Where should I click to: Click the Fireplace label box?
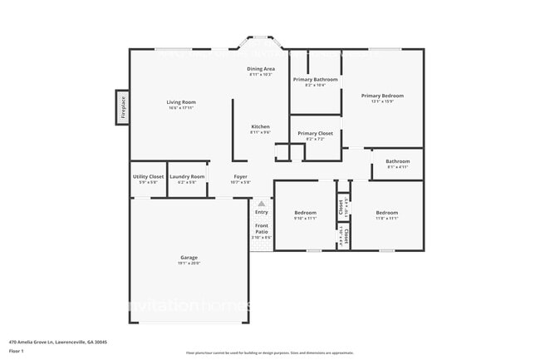122,107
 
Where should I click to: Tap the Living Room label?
180,101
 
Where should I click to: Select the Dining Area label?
260,69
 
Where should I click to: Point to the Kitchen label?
260,126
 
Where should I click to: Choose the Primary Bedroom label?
381,96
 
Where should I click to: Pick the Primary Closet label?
315,133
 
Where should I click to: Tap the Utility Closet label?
148,176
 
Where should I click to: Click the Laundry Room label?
187,176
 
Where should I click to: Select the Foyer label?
240,176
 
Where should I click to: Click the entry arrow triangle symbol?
262,203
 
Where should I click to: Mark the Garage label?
189,258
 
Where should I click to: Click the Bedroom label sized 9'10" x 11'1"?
306,213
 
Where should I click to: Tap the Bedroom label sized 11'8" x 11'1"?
386,213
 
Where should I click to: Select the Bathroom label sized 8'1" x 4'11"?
397,161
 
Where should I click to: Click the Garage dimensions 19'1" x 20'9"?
189,264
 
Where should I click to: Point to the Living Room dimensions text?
180,107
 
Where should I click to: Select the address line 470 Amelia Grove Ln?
58,341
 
